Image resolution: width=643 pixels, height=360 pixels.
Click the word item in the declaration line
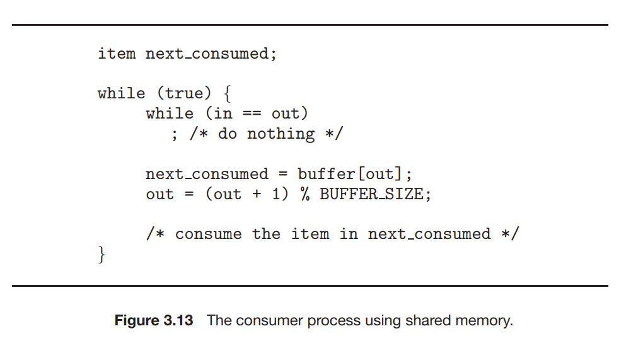(117, 54)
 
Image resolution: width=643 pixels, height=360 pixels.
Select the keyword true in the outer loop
(183, 93)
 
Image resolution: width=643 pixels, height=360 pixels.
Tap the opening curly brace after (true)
(227, 94)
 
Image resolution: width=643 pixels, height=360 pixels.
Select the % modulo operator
(305, 194)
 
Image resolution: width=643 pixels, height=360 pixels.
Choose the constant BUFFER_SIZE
(371, 194)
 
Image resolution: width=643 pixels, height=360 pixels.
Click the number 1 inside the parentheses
(275, 194)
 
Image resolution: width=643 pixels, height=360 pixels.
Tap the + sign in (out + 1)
(257, 194)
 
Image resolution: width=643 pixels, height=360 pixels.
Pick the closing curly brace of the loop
(101, 255)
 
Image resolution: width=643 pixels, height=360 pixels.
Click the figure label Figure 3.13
(154, 320)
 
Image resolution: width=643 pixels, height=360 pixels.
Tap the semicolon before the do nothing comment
(174, 134)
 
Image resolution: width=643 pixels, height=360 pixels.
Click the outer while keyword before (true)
(121, 93)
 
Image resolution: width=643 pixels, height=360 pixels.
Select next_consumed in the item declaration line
(207, 54)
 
